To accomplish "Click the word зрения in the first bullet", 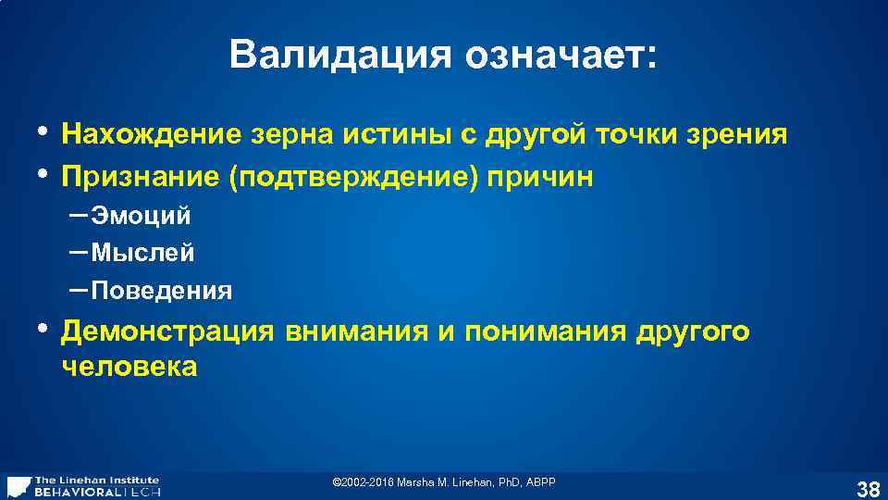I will coord(741,136).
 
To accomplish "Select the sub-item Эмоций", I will coord(141,217).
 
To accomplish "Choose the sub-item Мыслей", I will coord(142,253).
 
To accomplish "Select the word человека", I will coord(129,367).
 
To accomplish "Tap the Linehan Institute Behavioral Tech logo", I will coord(83,486).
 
